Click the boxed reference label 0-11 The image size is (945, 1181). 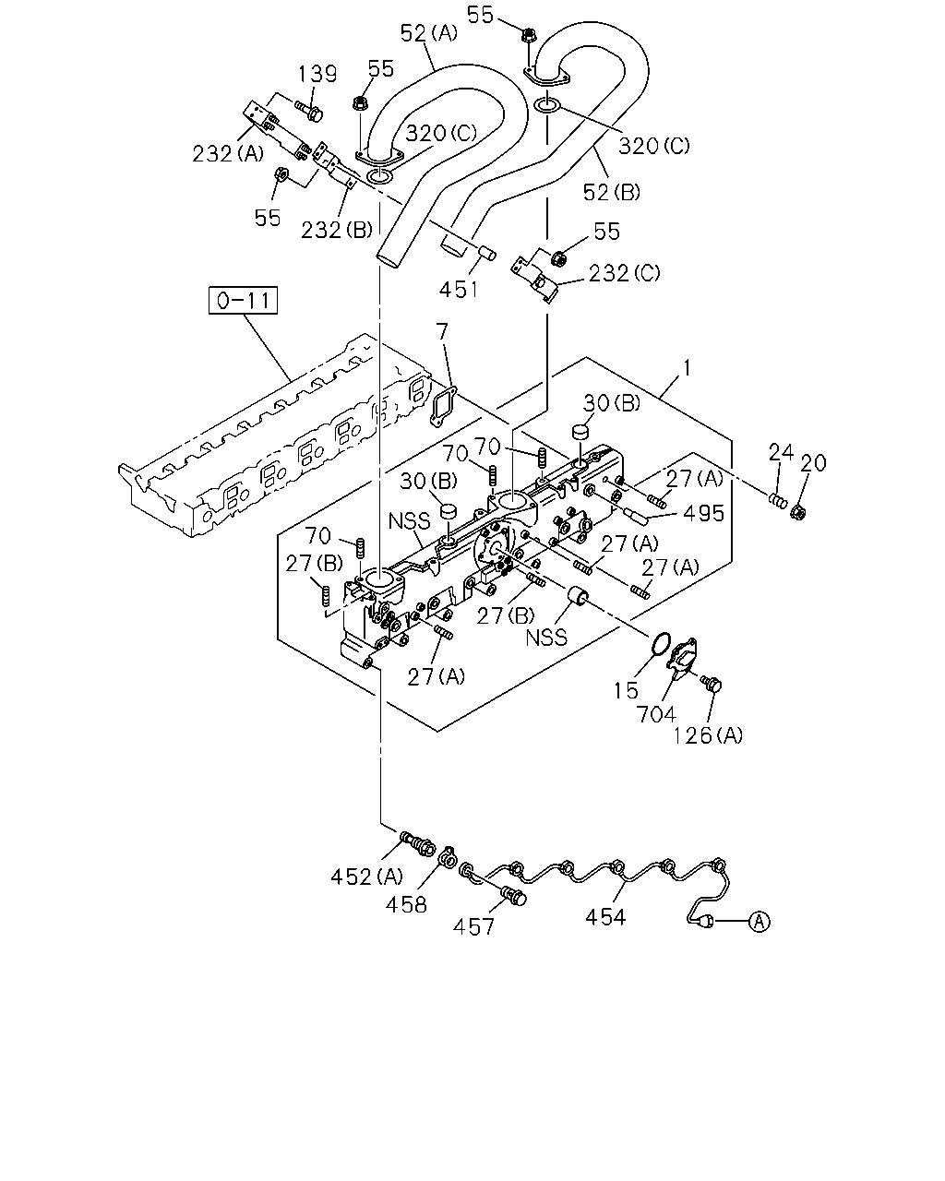click(243, 300)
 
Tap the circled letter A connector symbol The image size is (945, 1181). click(760, 922)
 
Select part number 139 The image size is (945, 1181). click(317, 74)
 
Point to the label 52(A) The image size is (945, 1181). click(428, 33)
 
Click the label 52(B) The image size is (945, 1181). click(611, 192)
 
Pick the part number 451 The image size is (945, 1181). click(459, 289)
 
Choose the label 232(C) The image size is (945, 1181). click(625, 273)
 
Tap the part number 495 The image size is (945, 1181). click(704, 514)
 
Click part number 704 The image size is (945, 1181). click(656, 714)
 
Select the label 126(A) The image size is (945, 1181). click(708, 735)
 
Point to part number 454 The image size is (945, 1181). click(605, 916)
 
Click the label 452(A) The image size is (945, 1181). click(366, 877)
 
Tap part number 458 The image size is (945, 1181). click(406, 904)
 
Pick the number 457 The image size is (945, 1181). click(473, 927)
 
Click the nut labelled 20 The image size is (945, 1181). click(798, 513)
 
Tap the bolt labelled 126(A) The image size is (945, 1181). click(712, 684)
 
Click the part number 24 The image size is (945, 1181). click(781, 453)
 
